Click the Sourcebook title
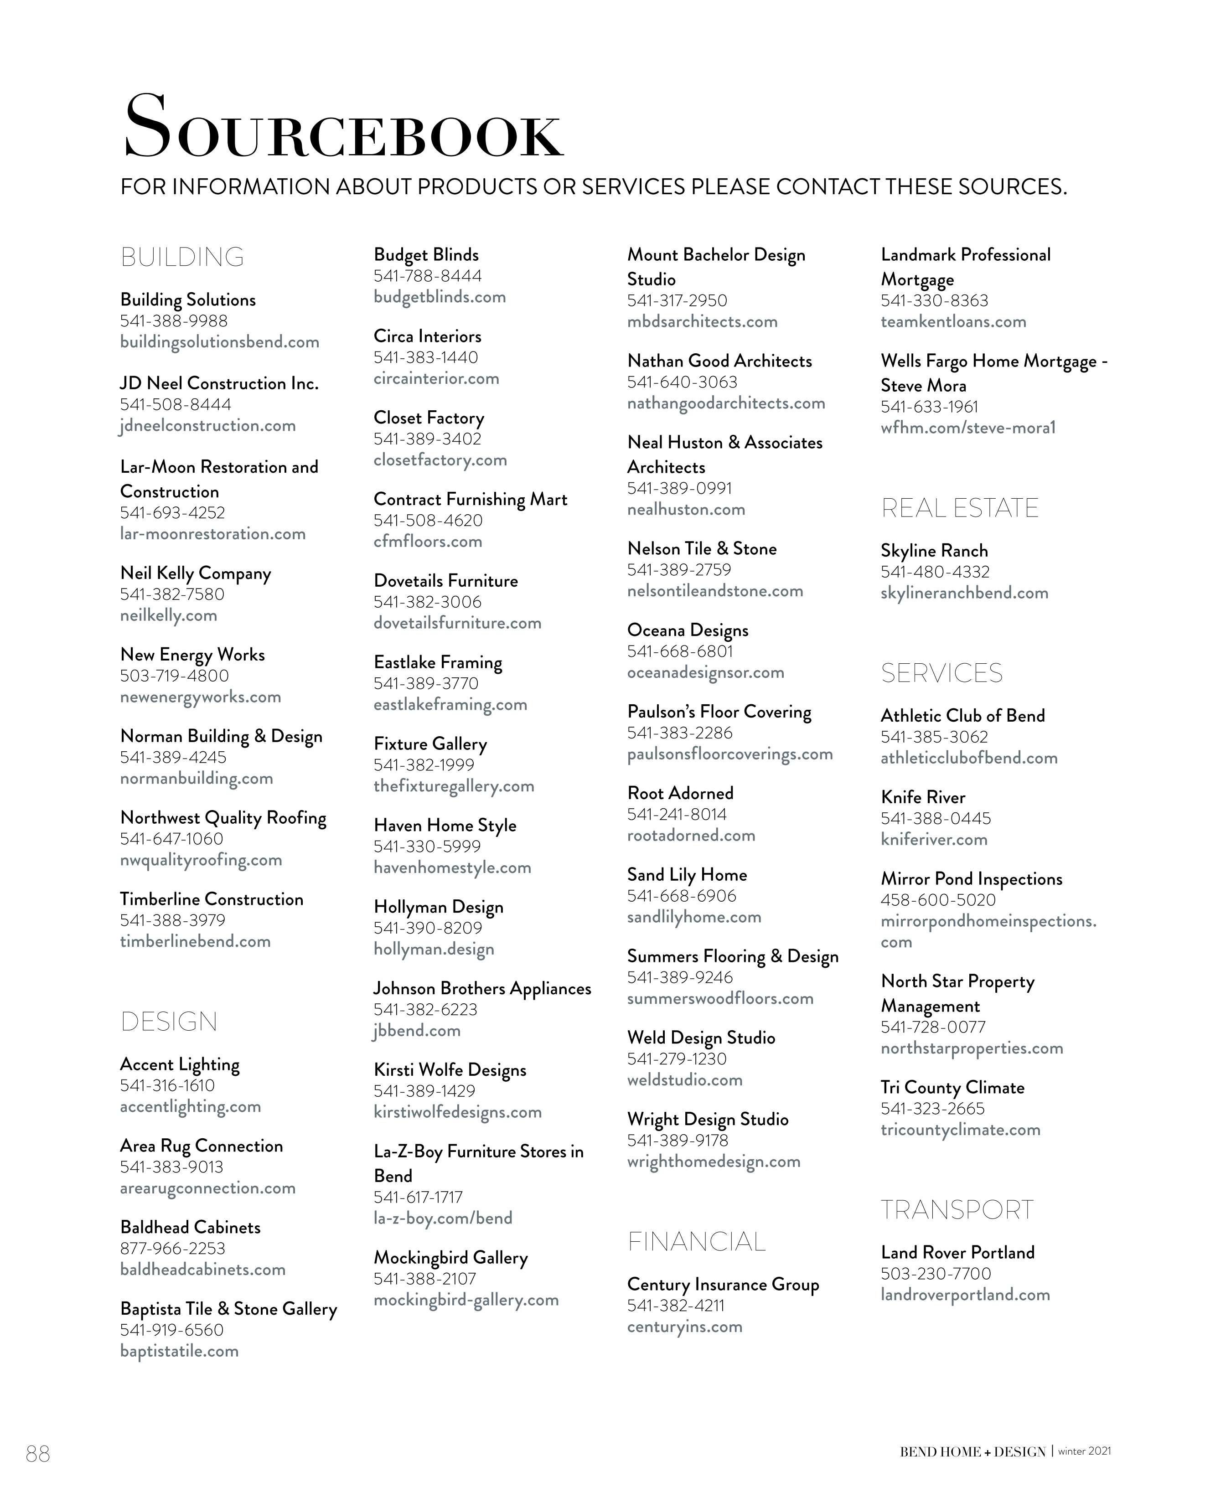[343, 128]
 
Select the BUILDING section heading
[182, 257]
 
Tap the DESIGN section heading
[169, 1021]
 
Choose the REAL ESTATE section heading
[959, 508]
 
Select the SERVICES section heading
[941, 673]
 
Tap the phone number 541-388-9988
[174, 321]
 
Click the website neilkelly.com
[169, 615]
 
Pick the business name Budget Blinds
[426, 255]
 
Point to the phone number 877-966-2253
[172, 1249]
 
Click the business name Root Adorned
[680, 793]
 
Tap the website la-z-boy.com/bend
[443, 1218]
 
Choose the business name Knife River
[923, 797]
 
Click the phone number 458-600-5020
[938, 900]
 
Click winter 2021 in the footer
[1084, 1451]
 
